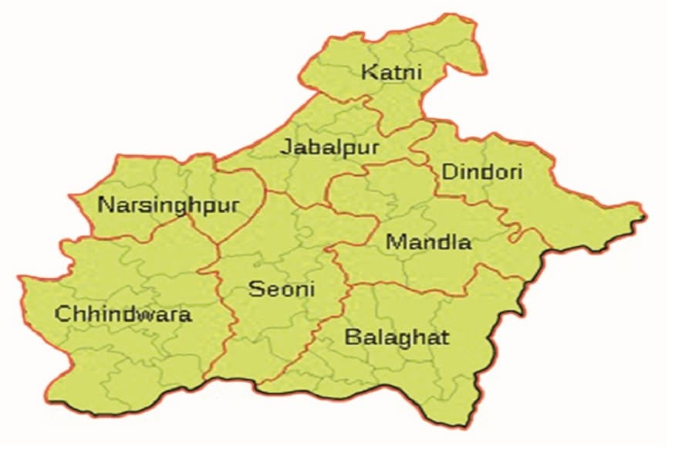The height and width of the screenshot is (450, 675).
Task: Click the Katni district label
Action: [x=393, y=73]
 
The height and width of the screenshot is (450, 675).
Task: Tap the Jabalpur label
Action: [x=329, y=147]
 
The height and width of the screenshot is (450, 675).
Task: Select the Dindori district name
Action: [x=482, y=171]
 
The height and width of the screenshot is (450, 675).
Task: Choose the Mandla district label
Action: [x=429, y=242]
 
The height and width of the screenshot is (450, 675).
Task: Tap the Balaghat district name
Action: [x=397, y=337]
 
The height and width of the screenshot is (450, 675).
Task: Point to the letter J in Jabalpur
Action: [x=286, y=147]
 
